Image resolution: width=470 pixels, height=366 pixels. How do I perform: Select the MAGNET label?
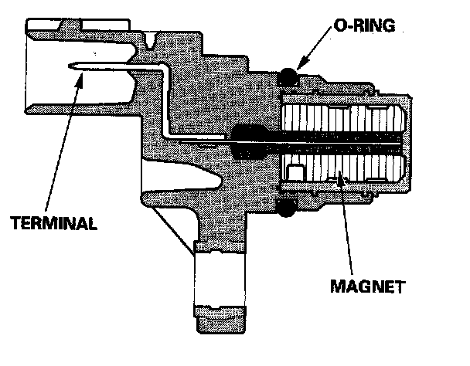click(x=366, y=285)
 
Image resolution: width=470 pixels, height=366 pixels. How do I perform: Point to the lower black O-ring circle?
click(x=288, y=207)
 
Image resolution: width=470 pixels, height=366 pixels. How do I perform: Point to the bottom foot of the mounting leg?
click(x=220, y=318)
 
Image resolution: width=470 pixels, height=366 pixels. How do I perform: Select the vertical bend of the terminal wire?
click(x=165, y=100)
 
